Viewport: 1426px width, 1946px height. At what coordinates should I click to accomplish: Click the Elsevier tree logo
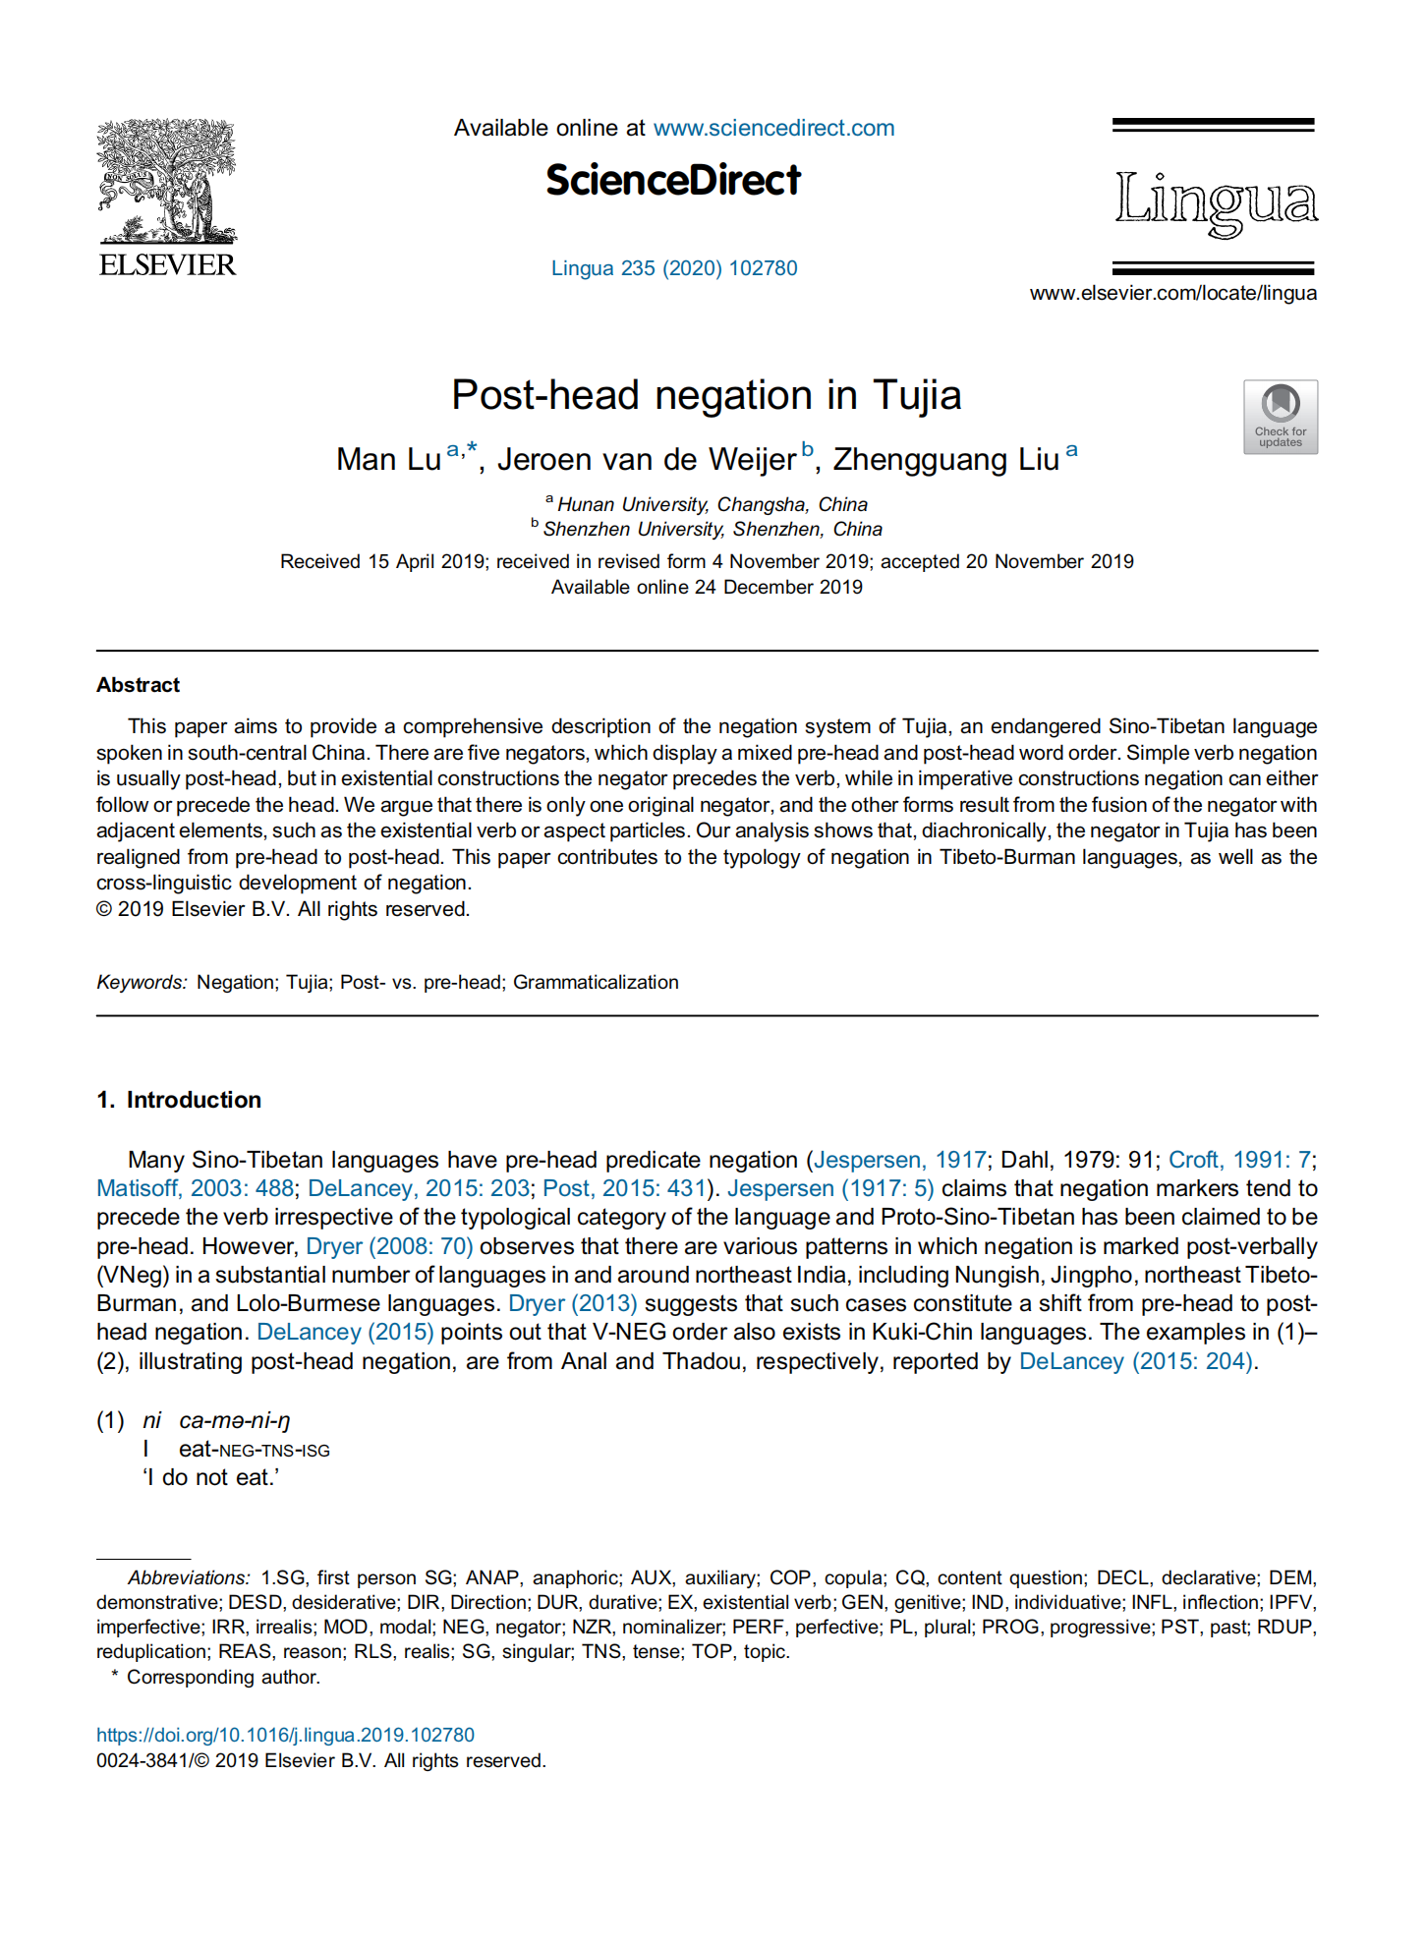point(167,182)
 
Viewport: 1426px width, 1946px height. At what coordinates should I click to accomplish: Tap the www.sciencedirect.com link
point(773,128)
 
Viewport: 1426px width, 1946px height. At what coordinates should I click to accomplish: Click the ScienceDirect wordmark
point(673,181)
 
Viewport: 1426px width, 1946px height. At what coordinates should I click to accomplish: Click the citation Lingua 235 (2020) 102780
point(674,268)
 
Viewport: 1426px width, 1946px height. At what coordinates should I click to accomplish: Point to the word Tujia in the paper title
point(917,395)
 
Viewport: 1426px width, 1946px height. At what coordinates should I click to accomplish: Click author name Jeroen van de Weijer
point(646,459)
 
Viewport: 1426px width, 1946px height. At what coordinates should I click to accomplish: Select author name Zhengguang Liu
point(945,459)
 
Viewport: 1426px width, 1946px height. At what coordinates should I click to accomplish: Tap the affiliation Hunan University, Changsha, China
point(713,504)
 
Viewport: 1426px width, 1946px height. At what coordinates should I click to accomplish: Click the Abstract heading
point(138,685)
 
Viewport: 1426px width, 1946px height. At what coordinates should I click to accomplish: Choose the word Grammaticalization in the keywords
point(596,982)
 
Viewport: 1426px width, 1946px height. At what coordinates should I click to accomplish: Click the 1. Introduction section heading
point(179,1100)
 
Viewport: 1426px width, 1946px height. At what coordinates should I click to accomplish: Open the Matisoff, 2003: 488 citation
point(195,1188)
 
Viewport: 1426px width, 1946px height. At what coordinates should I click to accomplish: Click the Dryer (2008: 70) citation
point(389,1246)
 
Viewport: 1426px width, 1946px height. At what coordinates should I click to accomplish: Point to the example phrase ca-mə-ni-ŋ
point(234,1420)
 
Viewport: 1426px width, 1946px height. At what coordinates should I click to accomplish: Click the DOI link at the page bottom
point(285,1735)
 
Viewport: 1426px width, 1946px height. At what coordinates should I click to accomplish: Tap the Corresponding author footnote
point(223,1677)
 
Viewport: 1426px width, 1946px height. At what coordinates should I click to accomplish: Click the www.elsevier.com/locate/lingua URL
point(1173,293)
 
